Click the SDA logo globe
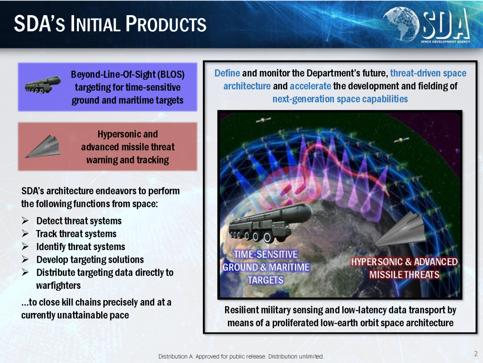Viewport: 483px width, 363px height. point(401,24)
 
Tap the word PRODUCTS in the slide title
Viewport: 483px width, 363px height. point(166,24)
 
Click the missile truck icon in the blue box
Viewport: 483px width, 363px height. point(43,85)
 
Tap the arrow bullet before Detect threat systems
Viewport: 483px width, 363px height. point(25,221)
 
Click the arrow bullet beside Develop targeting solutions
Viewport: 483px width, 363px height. point(25,259)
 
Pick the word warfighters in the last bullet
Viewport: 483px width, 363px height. point(58,285)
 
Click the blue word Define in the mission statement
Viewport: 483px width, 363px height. point(227,73)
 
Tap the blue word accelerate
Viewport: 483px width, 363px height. point(310,86)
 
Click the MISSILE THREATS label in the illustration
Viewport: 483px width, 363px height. point(404,275)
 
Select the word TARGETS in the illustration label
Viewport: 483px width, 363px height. point(266,280)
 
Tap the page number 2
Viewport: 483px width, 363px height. point(476,354)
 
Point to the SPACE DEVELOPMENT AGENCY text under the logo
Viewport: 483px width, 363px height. point(446,42)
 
